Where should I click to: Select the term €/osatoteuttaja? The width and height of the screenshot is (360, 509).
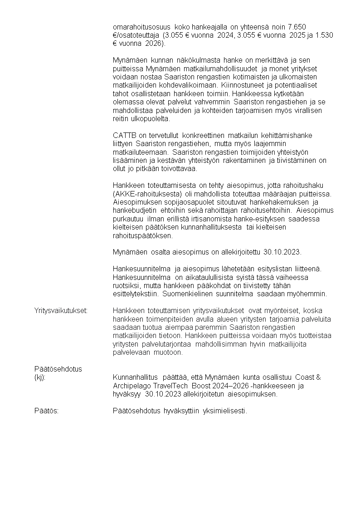(x=136, y=35)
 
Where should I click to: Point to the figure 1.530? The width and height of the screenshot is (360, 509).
(x=324, y=35)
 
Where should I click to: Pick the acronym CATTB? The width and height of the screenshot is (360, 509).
(x=123, y=135)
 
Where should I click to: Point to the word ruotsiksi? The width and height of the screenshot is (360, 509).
(x=126, y=286)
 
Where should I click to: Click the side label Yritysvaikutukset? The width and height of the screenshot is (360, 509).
(x=61, y=311)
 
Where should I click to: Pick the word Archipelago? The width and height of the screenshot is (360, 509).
(x=131, y=386)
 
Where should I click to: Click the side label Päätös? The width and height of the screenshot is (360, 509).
(x=46, y=411)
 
